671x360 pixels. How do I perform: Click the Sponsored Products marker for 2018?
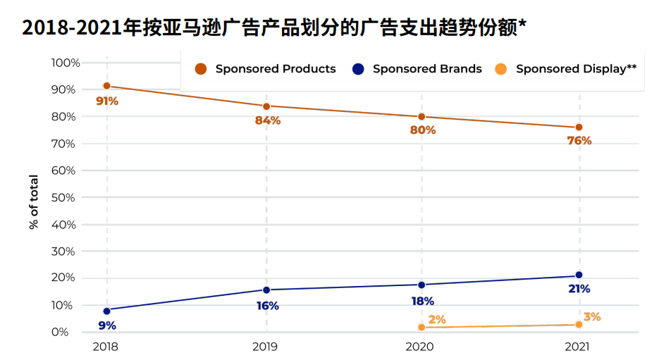[x=106, y=86]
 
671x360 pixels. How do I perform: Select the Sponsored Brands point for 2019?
[x=266, y=290]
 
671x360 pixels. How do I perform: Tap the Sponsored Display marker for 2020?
[x=421, y=327]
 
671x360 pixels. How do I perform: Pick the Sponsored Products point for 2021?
[x=579, y=127]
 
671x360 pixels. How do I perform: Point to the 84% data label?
[x=268, y=120]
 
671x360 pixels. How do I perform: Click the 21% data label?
[x=579, y=289]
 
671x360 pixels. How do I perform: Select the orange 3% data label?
[x=592, y=317]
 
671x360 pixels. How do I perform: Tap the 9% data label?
[x=107, y=325]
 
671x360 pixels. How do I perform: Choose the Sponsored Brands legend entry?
[x=419, y=69]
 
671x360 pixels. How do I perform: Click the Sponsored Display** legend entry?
[x=567, y=69]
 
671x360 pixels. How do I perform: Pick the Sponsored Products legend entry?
[x=266, y=69]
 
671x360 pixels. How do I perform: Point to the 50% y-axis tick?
[x=63, y=197]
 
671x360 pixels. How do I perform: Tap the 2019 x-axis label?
[x=266, y=347]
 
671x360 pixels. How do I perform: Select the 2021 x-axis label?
[x=579, y=347]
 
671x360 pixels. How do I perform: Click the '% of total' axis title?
[x=34, y=201]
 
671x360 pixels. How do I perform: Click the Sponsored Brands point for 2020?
[x=421, y=285]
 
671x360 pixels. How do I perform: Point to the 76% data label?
[x=579, y=141]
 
